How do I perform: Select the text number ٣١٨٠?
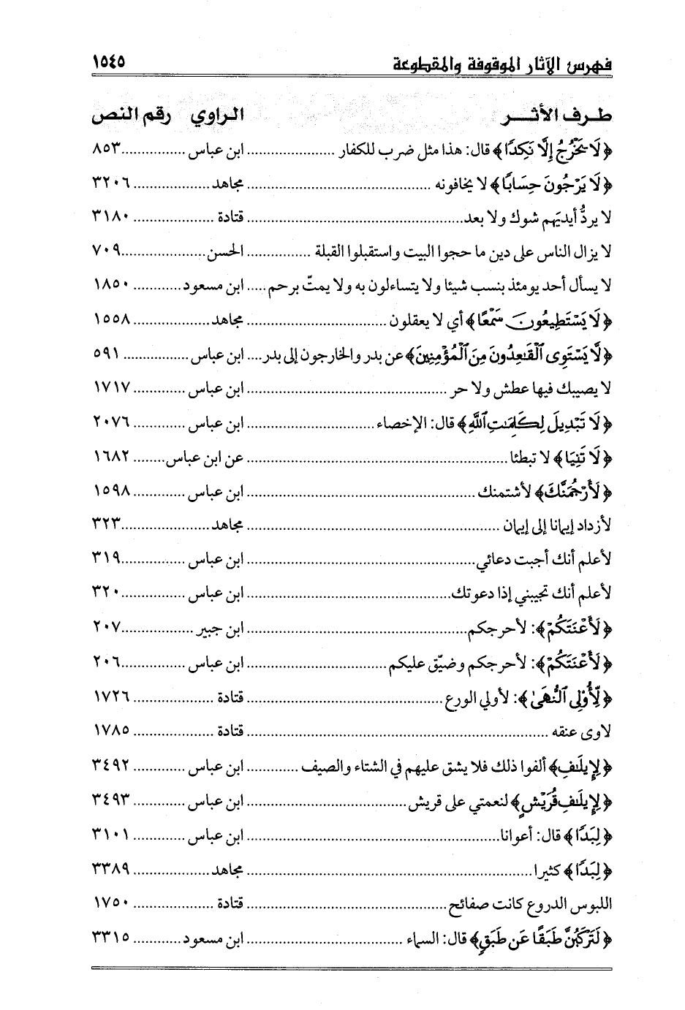click(112, 217)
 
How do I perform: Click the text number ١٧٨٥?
click(112, 730)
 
